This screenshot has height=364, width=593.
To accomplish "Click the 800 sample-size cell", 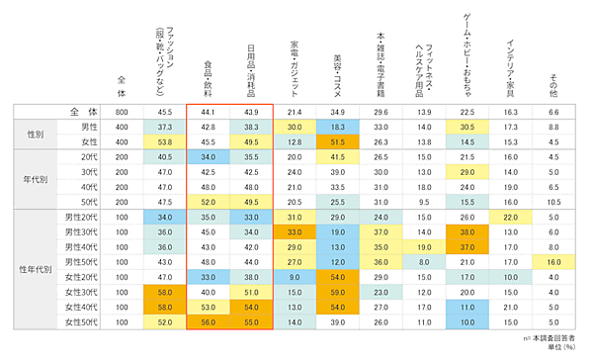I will [x=122, y=112].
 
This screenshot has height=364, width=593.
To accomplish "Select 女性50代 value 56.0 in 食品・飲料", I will [x=208, y=322].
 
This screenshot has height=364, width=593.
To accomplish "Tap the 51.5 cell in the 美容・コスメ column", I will [x=337, y=142].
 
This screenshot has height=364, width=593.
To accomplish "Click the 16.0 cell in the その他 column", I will [x=553, y=261].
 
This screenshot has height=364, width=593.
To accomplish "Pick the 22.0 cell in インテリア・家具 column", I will [x=510, y=217].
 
